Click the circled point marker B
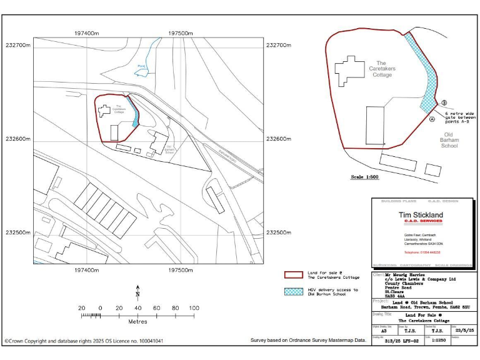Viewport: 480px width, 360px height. (444, 103)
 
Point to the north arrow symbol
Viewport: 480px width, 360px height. (137, 292)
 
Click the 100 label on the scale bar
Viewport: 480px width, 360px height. (194, 308)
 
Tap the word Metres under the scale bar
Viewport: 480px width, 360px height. (137, 322)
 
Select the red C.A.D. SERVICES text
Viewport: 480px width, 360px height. (414, 221)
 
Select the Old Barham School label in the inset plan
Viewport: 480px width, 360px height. (449, 140)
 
